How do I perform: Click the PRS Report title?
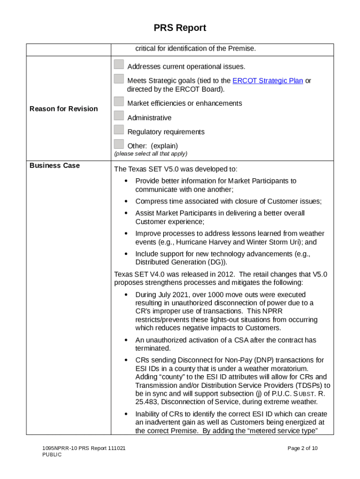coord(180,28)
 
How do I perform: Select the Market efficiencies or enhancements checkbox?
coord(119,102)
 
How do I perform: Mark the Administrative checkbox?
coord(119,116)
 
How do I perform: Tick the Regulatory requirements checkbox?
coord(119,130)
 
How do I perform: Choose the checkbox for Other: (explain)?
coord(119,144)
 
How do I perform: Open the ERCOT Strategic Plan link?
coord(267,80)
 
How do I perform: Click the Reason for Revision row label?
coord(64,109)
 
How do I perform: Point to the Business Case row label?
coord(55,166)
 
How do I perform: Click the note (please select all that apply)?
coord(151,153)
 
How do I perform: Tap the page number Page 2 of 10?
coord(302,449)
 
